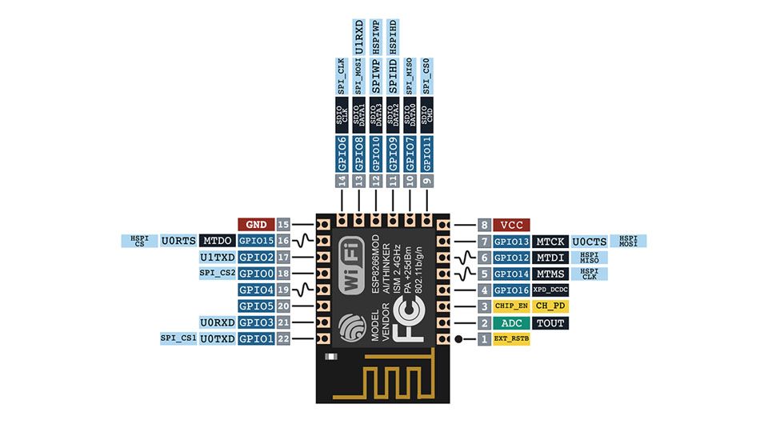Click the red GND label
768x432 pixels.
tap(256, 224)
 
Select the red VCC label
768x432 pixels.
tap(511, 225)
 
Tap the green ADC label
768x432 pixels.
tap(511, 322)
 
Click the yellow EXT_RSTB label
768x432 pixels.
tap(511, 338)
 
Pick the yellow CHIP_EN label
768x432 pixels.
tap(511, 306)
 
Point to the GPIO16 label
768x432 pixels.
tap(511, 290)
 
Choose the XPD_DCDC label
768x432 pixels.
tap(550, 290)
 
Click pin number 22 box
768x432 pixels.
tap(283, 338)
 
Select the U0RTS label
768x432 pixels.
tap(178, 241)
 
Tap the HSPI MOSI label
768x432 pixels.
tap(629, 241)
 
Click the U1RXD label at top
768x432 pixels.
tap(359, 38)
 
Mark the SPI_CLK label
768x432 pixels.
tap(342, 76)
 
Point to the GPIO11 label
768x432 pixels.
tap(427, 154)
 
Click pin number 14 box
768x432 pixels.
tap(342, 181)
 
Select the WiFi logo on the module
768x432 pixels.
tap(352, 265)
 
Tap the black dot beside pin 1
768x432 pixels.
tap(458, 339)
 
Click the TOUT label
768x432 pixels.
tap(550, 322)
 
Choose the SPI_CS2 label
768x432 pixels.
tap(218, 273)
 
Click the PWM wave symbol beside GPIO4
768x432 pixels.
tap(304, 290)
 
